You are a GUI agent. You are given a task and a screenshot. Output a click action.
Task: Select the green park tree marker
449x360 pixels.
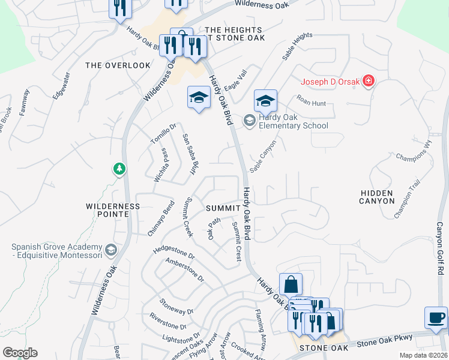point(119,169)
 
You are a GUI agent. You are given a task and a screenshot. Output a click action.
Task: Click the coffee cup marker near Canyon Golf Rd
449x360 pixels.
point(436,316)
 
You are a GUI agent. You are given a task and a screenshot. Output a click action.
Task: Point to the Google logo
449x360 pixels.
point(20,353)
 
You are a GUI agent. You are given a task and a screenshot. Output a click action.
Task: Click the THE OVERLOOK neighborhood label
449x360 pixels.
point(118,65)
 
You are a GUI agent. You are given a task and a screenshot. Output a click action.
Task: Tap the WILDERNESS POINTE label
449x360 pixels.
point(112,210)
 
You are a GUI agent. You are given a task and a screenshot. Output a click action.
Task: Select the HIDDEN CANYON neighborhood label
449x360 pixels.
point(376,197)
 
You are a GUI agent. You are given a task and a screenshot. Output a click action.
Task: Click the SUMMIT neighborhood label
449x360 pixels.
point(223,208)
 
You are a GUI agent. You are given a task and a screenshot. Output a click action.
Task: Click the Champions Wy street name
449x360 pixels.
point(414,152)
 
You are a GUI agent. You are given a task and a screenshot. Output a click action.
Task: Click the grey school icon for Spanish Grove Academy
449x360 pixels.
point(110,249)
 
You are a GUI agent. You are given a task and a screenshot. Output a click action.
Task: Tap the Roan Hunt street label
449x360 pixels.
point(310,103)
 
